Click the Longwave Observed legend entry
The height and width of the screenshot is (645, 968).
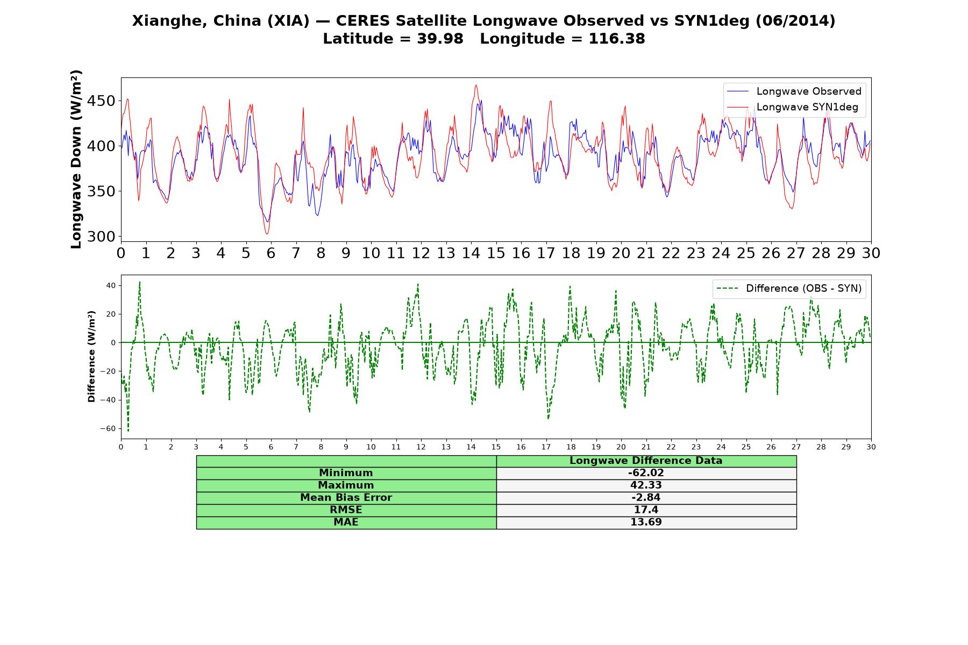tap(794, 91)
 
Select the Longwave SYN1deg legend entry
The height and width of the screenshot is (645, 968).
tap(793, 107)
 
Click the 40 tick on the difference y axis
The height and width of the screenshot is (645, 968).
tap(111, 285)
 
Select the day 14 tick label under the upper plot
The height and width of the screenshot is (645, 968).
tap(471, 253)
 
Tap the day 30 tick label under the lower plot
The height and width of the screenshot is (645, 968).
tap(871, 447)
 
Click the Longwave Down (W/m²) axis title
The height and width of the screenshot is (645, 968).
tap(76, 159)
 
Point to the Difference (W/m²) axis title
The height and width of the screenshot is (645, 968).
tap(91, 356)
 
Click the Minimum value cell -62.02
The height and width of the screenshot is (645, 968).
tap(646, 473)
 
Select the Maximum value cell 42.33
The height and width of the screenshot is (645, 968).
tap(646, 485)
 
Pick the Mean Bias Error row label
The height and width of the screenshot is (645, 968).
tap(346, 498)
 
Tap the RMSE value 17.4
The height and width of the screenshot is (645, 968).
tap(646, 510)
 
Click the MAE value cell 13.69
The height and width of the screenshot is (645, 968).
tap(646, 522)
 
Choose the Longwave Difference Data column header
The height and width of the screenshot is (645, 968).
tap(646, 461)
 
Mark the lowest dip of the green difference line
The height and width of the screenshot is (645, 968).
tap(128, 431)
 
